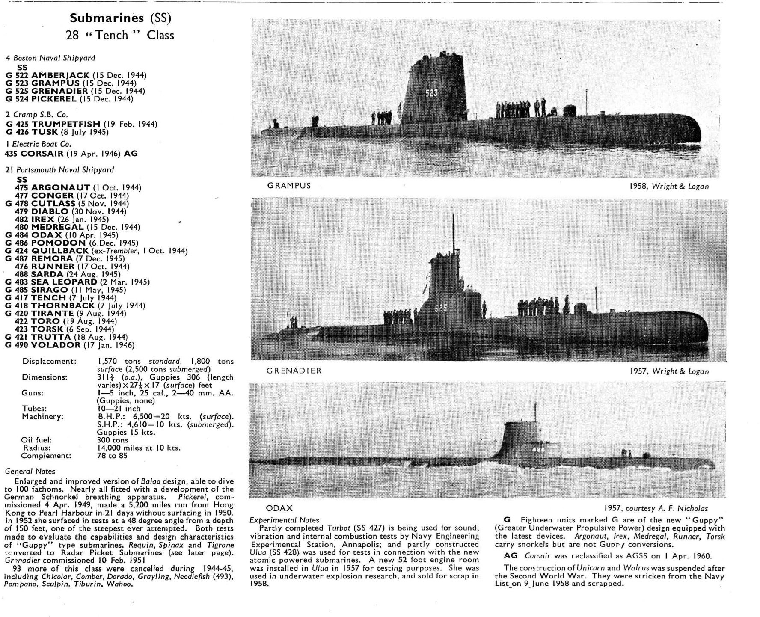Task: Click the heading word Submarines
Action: (x=107, y=18)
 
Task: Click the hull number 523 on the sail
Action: (x=431, y=93)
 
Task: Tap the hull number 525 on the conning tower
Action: (x=441, y=308)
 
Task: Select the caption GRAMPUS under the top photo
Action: (x=289, y=186)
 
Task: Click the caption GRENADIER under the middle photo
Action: (x=294, y=371)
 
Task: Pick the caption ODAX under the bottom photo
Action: (x=279, y=508)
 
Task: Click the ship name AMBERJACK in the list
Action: (x=60, y=75)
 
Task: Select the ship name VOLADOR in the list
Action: (x=56, y=345)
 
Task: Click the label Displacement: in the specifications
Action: (x=49, y=361)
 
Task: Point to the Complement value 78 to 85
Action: (x=112, y=456)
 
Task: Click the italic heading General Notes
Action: (x=30, y=471)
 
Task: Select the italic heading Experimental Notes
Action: (x=284, y=520)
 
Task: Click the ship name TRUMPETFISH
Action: (x=66, y=124)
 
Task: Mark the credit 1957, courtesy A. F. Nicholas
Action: (x=656, y=508)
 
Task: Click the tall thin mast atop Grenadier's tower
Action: (x=453, y=233)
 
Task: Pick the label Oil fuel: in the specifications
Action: (x=36, y=440)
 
